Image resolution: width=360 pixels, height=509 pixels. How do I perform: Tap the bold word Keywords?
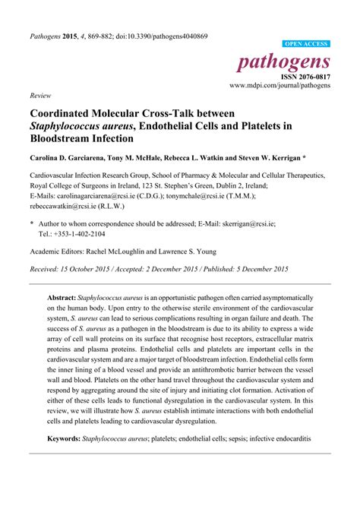67,438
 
